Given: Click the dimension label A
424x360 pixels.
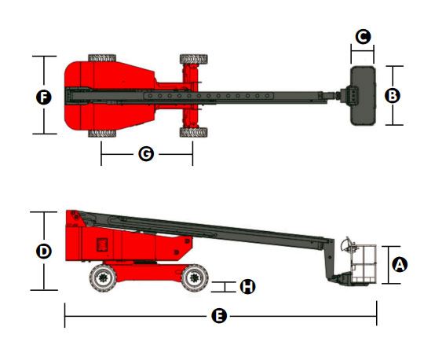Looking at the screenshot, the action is (x=400, y=264).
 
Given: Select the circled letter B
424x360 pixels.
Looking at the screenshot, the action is (x=393, y=96).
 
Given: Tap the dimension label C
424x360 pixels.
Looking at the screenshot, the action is (x=363, y=36).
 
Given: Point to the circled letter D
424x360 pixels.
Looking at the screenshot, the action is (x=44, y=252).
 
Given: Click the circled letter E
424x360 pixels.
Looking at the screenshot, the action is (x=219, y=316).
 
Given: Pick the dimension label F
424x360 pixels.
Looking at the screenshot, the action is (x=44, y=97).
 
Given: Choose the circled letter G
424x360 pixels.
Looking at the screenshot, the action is (x=146, y=154).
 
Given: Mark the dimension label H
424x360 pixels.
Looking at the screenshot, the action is (x=247, y=287).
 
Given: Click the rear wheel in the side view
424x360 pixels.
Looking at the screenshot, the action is (x=103, y=277).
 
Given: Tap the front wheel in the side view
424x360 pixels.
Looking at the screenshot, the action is (x=195, y=277).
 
